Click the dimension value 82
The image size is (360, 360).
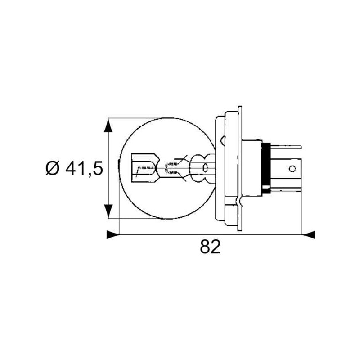point(210,247)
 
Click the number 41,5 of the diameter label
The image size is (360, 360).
point(84,169)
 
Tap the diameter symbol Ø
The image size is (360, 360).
point(53,169)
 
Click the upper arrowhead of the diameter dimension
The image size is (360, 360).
point(108,126)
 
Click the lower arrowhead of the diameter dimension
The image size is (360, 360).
point(108,211)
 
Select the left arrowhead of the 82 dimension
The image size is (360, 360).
point(113,234)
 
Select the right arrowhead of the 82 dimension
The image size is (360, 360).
point(308,234)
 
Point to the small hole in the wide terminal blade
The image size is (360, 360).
point(292,169)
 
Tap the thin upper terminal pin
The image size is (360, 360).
point(286,147)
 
